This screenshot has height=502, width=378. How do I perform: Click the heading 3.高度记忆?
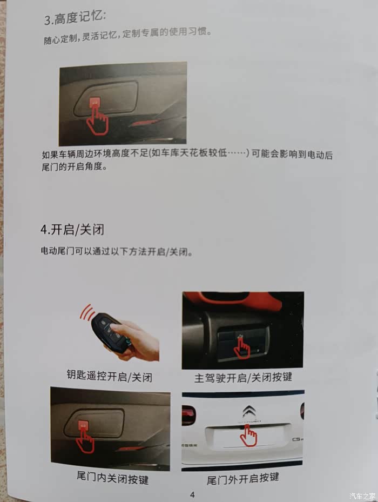coord(75,17)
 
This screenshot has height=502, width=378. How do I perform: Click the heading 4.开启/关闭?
coord(72,230)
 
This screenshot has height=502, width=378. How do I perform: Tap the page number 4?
coord(192,494)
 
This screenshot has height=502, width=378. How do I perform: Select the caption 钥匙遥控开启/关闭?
coord(110,376)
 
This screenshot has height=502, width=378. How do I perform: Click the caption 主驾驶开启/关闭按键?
coord(243,378)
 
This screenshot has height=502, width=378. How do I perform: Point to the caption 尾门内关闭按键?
coord(113,478)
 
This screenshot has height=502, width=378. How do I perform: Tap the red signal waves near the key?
coord(86,312)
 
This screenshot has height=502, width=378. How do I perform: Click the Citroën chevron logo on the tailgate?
coord(249,411)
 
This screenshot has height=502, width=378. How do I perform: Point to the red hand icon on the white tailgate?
coord(249,436)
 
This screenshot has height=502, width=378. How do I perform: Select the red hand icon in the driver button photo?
coord(242,347)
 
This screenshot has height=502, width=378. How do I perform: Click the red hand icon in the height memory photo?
coord(98,119)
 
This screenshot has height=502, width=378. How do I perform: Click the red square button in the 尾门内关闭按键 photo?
coord(84,425)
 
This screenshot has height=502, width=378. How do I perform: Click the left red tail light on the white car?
coord(188,415)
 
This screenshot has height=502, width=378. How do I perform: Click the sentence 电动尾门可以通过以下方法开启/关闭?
coord(117,251)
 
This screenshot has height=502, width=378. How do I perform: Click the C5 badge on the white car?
coord(297,439)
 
